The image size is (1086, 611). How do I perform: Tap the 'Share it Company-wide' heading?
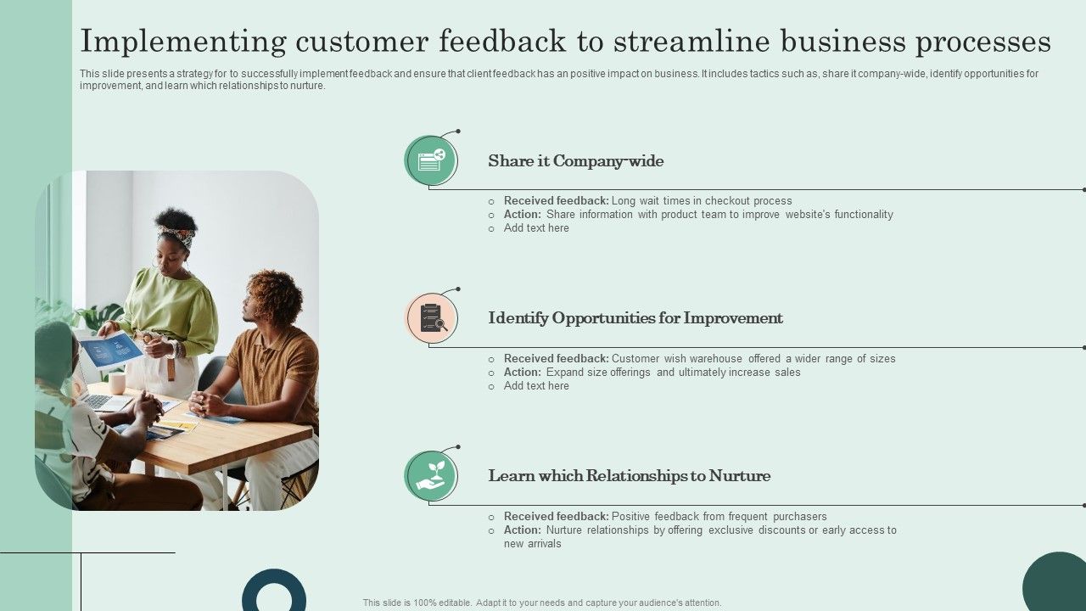click(576, 161)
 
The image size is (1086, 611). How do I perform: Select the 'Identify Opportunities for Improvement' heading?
click(635, 318)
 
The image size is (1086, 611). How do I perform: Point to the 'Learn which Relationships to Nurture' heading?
click(630, 476)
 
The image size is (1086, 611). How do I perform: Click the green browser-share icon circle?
click(431, 160)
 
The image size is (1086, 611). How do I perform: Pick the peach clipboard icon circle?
click(431, 318)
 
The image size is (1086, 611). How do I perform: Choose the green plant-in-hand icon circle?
click(431, 476)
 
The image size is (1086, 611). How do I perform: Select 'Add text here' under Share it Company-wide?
click(536, 228)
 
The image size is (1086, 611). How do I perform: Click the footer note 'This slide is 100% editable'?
click(542, 603)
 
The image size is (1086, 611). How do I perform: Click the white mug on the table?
click(117, 383)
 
